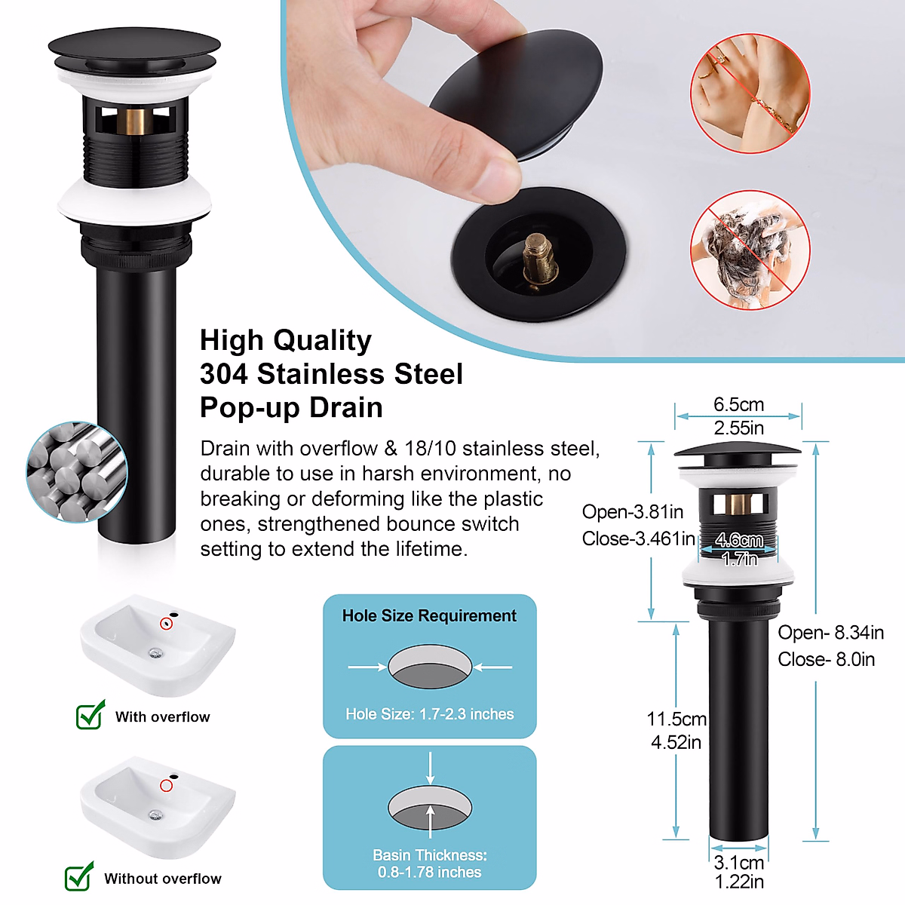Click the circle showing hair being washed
(x=750, y=250)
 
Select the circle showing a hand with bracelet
(x=750, y=94)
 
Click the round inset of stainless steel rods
(x=76, y=471)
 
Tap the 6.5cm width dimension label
(x=738, y=405)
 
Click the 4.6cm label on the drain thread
(x=738, y=541)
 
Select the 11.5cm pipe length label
(x=676, y=719)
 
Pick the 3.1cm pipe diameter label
(x=738, y=863)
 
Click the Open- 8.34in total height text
(x=830, y=633)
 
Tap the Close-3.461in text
(x=638, y=539)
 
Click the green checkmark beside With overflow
(x=90, y=714)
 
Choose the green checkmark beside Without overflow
(x=79, y=876)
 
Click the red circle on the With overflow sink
(x=167, y=624)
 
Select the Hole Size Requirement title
(x=429, y=616)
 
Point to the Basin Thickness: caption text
(x=430, y=855)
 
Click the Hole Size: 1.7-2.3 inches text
(x=430, y=714)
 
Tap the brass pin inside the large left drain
(x=136, y=121)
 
